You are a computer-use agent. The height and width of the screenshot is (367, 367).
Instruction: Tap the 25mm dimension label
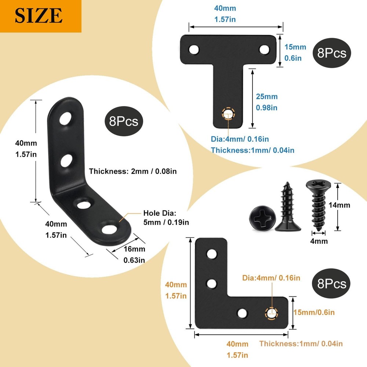(x=267, y=97)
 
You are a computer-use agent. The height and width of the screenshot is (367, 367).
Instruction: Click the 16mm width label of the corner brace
(x=134, y=249)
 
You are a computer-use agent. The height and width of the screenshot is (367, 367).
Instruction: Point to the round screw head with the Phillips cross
(x=261, y=219)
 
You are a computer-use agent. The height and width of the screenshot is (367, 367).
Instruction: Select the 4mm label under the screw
(x=319, y=241)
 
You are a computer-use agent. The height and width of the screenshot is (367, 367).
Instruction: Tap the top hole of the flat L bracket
(x=211, y=254)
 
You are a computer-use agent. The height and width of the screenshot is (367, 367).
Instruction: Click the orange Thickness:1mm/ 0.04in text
(x=301, y=344)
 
